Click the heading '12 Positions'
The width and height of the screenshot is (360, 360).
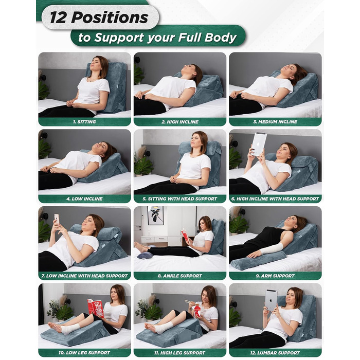(99, 17)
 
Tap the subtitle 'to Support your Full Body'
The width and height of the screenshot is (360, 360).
(157, 38)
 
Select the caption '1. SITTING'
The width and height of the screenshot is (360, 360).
(84, 122)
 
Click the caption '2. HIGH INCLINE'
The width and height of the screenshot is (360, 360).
(180, 122)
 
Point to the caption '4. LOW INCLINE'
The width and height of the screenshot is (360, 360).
(84, 199)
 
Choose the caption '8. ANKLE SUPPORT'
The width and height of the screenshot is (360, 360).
(180, 276)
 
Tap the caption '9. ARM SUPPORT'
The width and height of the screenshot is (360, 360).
(275, 276)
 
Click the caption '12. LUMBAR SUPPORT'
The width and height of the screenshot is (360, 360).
(275, 353)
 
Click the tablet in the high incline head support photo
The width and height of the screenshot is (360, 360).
(259, 144)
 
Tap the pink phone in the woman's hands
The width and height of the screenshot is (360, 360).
(57, 219)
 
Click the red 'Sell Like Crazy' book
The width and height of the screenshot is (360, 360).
(95, 308)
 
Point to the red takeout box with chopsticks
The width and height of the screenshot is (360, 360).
(197, 311)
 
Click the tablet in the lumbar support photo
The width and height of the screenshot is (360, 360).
(271, 300)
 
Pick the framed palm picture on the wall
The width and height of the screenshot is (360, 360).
(155, 215)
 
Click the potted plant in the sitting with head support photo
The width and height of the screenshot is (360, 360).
(143, 163)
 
